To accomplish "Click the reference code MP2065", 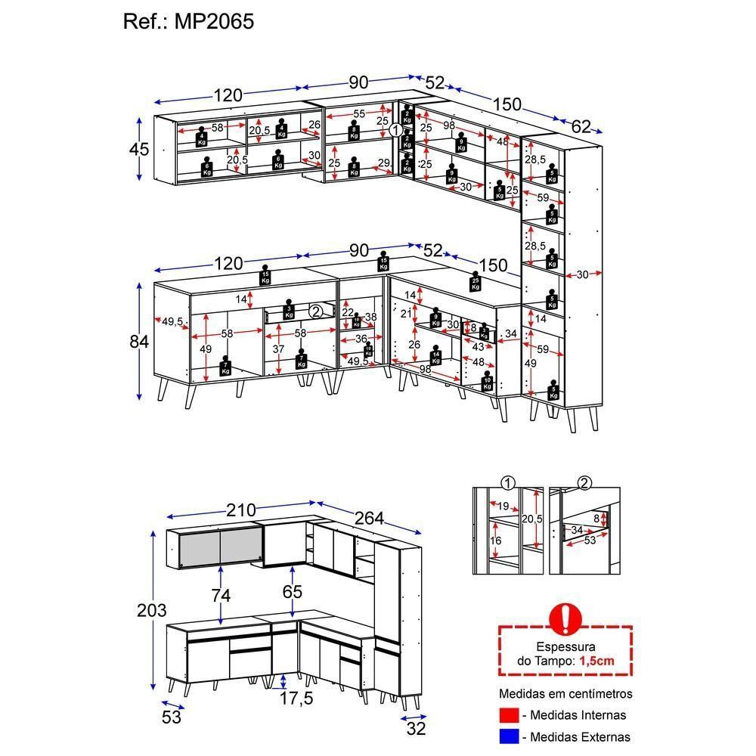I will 214,21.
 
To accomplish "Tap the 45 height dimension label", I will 139,149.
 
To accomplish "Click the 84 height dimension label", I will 139,341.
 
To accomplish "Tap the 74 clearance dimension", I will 221,595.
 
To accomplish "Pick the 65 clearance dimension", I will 293,591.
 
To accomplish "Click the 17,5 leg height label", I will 296,699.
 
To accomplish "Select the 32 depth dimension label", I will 416,728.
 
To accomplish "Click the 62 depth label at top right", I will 581,127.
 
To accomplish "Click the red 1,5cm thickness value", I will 596,660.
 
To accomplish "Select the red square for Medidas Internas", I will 509,714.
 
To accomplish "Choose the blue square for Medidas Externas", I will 509,736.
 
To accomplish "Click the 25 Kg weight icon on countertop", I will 475,283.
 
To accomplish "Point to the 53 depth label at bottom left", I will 172,717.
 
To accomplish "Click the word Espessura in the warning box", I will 565,647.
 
